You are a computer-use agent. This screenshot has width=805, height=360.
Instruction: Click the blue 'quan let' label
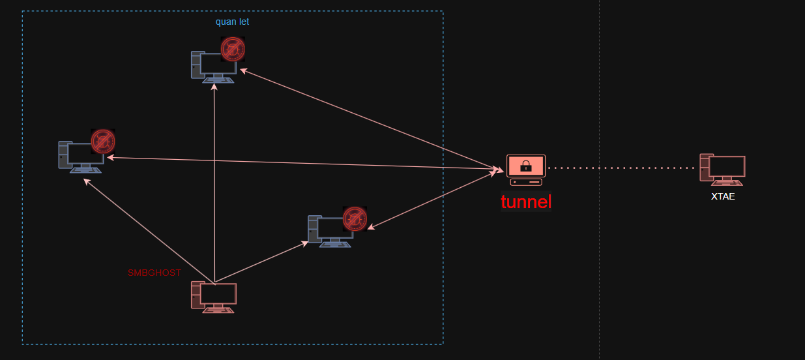click(x=232, y=22)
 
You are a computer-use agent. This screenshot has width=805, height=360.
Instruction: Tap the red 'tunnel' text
click(x=526, y=202)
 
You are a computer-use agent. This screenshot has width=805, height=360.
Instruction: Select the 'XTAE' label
click(x=723, y=196)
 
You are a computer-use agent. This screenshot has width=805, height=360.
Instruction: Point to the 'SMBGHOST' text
click(x=154, y=273)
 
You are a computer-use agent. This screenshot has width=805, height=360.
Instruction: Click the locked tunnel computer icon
click(x=526, y=170)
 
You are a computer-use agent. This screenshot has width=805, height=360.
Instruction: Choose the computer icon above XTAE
click(x=722, y=170)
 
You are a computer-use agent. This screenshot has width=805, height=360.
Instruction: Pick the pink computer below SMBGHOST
click(x=214, y=297)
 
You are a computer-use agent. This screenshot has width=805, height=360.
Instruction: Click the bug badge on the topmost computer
click(x=233, y=49)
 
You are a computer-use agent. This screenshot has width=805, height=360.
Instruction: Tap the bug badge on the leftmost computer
click(x=103, y=142)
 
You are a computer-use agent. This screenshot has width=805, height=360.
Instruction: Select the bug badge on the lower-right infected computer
click(x=355, y=218)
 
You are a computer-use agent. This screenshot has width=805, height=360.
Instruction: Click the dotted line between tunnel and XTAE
click(x=622, y=168)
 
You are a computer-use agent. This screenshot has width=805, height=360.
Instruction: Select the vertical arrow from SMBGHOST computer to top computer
click(x=214, y=183)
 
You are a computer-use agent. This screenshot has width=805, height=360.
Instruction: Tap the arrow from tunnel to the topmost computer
click(x=372, y=120)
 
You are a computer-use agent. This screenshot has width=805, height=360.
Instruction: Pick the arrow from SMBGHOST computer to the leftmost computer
click(x=149, y=232)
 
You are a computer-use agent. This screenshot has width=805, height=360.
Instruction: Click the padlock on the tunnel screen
click(x=526, y=166)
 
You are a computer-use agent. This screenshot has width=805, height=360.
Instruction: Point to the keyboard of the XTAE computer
click(x=727, y=183)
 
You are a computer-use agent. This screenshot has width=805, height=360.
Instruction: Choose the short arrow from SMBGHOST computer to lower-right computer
click(x=261, y=262)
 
